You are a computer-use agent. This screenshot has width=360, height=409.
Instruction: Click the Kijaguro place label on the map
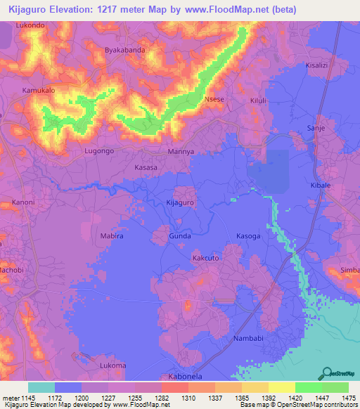pos(179,202)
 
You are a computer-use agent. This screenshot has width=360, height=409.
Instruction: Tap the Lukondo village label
pos(30,25)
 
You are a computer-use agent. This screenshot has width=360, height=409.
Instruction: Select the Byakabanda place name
pos(124,51)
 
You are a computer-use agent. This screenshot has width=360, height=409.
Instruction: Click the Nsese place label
pos(214,100)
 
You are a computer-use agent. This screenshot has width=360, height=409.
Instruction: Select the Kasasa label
pos(146,169)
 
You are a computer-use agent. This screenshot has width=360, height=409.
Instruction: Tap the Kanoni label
pos(23,202)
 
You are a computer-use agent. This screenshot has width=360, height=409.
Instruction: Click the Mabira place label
pos(112,237)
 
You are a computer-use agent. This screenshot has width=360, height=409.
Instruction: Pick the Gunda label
pos(179,237)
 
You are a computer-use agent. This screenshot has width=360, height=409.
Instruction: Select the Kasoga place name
pos(248,237)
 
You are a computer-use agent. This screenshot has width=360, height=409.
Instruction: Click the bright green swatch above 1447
pos(308,387)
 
